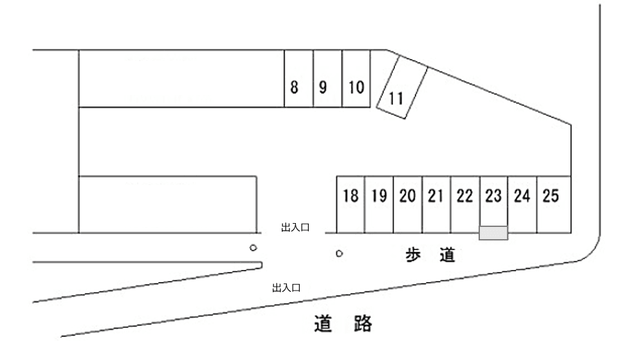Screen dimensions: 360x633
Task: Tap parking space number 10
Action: (356, 79)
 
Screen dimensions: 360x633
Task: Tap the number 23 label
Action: (493, 196)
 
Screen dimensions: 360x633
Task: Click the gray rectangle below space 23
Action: (493, 233)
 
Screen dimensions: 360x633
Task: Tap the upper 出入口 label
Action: (296, 227)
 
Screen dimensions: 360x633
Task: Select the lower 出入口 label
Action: (286, 287)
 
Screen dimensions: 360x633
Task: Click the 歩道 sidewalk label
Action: (430, 255)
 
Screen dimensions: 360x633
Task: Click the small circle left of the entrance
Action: (253, 248)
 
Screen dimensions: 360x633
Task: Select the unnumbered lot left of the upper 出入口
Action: (167, 204)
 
